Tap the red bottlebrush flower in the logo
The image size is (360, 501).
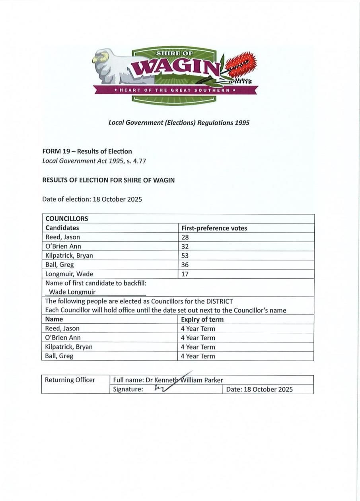[x=241, y=66]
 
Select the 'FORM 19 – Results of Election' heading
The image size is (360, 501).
[x=87, y=151]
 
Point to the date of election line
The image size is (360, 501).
[x=92, y=199]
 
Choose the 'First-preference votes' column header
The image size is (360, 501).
[x=214, y=228]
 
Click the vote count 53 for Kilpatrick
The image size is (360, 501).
[x=185, y=255]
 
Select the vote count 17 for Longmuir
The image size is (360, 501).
[x=185, y=274]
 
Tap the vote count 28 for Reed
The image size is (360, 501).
[x=185, y=237]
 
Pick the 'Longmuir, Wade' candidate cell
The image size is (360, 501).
[x=69, y=274]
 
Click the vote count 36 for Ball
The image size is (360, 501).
[x=185, y=265]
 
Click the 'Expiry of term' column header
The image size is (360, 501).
[x=202, y=319]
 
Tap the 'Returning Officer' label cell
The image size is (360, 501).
[x=70, y=380]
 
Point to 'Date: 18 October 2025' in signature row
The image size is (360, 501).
[x=259, y=389]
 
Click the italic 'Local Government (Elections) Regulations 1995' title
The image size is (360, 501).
[x=179, y=122]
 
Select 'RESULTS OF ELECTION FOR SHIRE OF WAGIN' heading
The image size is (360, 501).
[x=108, y=180]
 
